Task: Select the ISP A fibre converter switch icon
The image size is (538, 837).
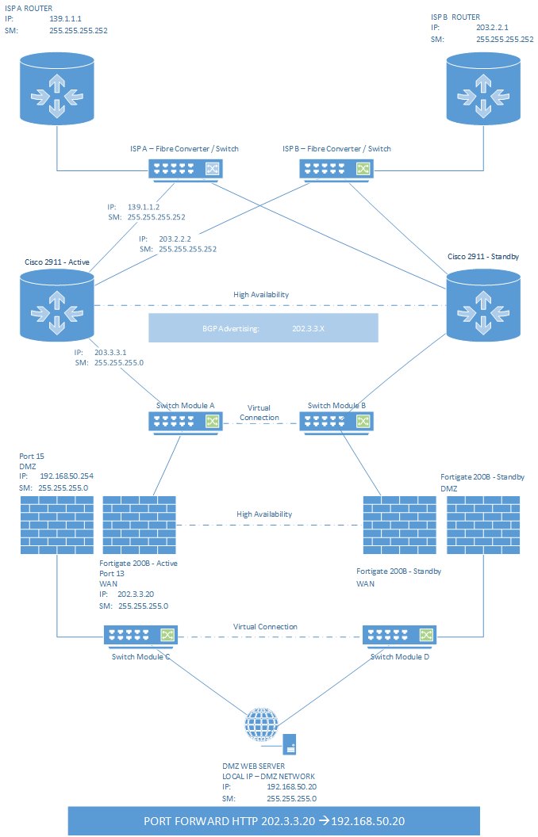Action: coord(185,167)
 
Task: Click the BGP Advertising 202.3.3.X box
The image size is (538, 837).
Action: coord(263,327)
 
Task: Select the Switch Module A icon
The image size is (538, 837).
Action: coord(185,422)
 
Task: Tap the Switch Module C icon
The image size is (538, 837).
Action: coord(140,635)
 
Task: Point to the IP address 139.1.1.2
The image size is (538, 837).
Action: coord(144,206)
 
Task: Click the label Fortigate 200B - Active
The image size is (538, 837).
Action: coord(140,563)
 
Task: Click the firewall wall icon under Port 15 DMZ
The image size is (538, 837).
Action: coord(56,525)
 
